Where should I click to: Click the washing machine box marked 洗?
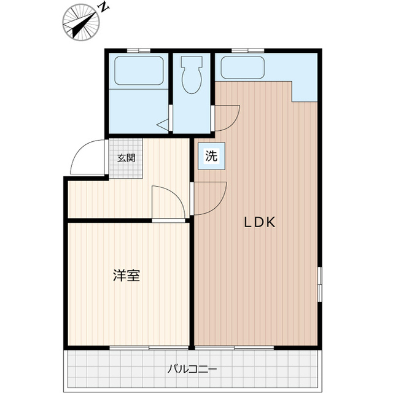pyautogui.click(x=211, y=157)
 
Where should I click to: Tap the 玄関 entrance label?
pyautogui.click(x=126, y=157)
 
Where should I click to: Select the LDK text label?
pyautogui.click(x=260, y=223)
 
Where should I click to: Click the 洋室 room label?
pyautogui.click(x=126, y=276)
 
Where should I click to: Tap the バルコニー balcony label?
pyautogui.click(x=192, y=370)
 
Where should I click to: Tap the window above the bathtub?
pyautogui.click(x=139, y=50)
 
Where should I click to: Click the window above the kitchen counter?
pyautogui.click(x=248, y=50)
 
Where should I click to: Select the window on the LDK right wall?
pyautogui.click(x=319, y=284)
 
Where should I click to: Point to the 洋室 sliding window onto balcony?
pyautogui.click(x=129, y=348)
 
